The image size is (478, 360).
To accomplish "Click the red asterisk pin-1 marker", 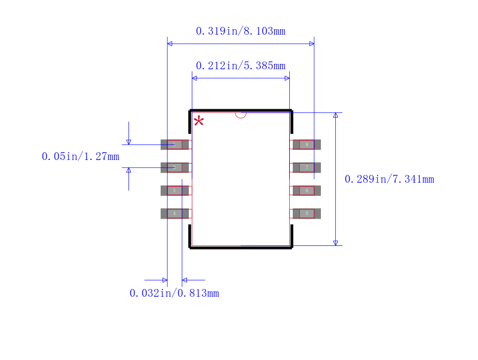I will coord(199,121).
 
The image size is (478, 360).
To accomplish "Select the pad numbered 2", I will coord(174,168).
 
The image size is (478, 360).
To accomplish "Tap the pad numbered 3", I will coord(174,190).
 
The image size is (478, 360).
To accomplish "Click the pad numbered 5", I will coord(307,213).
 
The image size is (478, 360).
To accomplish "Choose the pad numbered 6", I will coord(307,190).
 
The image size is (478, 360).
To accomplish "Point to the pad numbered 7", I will coord(307,168).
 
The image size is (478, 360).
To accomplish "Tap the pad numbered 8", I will coord(307,144).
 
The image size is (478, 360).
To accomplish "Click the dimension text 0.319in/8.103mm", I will coord(240,31).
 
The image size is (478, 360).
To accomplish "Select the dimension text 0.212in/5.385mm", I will coord(240,66).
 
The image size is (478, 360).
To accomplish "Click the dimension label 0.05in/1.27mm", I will coord(80,156).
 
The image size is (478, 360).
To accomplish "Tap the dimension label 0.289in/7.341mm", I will coord(389,179).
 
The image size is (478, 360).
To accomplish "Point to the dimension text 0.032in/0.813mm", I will coord(174,293).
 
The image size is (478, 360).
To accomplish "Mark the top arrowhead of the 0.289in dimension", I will coord(335,115).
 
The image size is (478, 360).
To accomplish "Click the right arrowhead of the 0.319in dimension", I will coord(311,44).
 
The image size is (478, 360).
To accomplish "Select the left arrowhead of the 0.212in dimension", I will coord(195,78).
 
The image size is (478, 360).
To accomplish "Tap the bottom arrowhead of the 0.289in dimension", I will coord(335,242).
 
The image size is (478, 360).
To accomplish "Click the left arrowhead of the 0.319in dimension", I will coord(170,44).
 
